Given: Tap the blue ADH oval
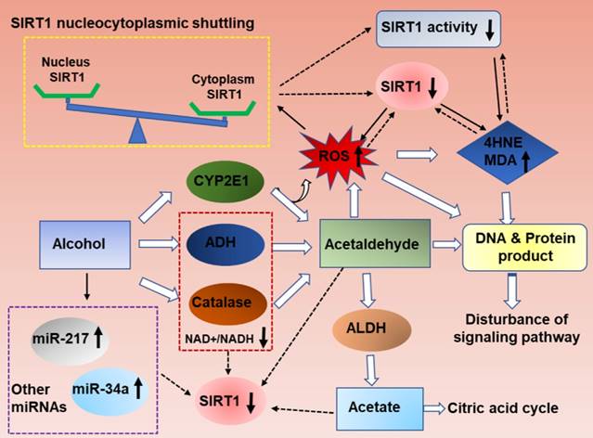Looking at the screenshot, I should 224,245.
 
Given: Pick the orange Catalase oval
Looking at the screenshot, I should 224,303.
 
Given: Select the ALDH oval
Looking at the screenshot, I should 370,328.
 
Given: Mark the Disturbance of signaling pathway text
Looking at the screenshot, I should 513,332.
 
